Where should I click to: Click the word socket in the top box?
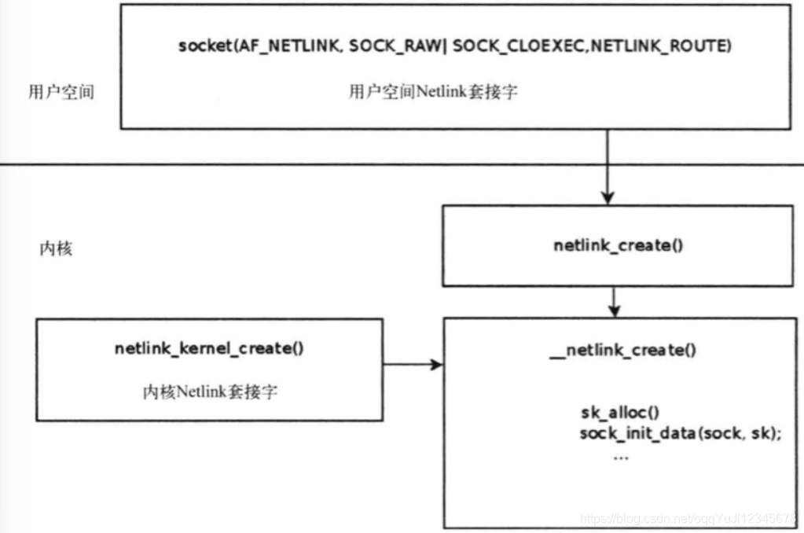(200, 47)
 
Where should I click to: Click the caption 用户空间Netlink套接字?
(432, 91)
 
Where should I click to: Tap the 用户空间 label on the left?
(61, 91)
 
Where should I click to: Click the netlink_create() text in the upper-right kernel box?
(618, 245)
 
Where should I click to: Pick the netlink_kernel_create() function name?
(209, 349)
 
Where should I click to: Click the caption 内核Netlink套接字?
(209, 391)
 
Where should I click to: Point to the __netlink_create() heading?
(622, 351)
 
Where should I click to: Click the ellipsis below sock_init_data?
(620, 456)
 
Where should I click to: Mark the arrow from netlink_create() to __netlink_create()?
(615, 300)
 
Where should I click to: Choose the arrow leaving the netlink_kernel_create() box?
(413, 365)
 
